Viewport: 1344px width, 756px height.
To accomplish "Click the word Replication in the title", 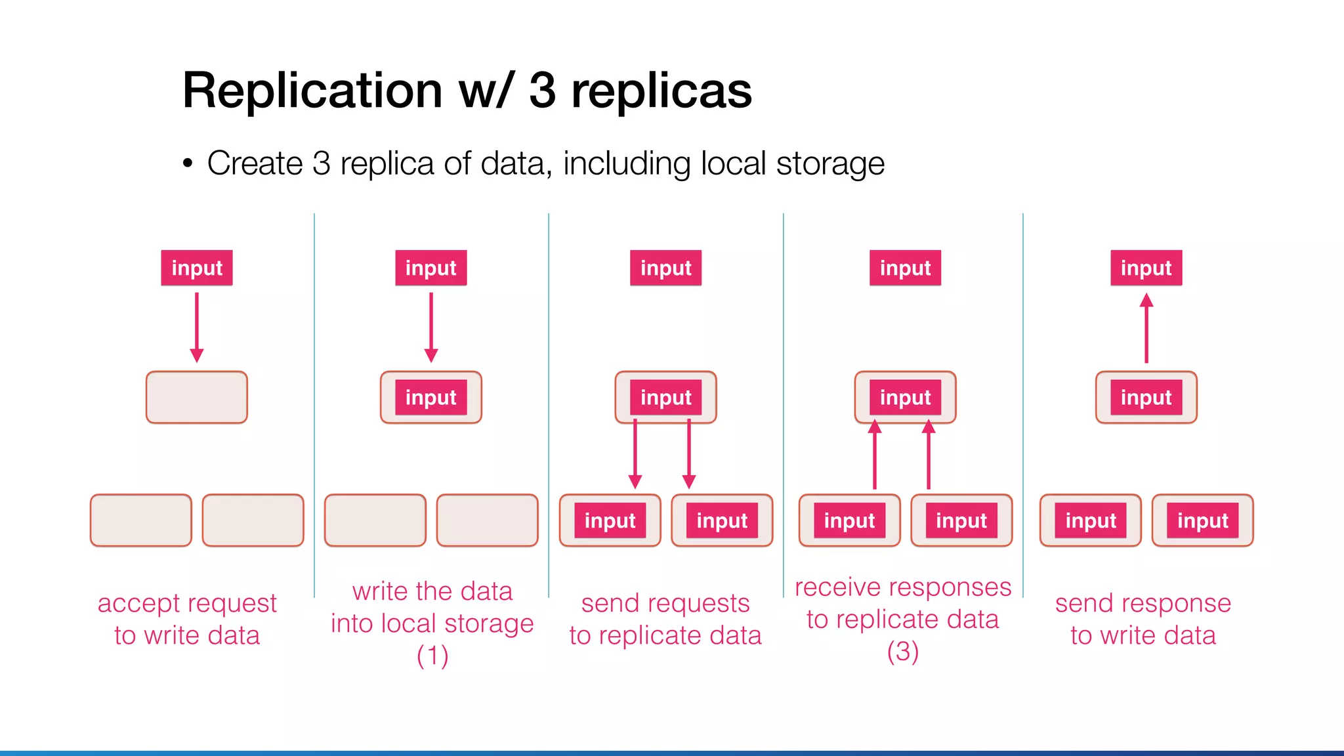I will (x=312, y=91).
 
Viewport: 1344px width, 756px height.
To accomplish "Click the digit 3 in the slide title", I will (x=542, y=91).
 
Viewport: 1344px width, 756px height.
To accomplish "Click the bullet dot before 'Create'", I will (x=188, y=163).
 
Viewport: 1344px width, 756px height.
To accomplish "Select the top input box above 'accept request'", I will (x=197, y=268).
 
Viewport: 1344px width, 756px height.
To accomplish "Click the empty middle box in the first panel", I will (x=197, y=398).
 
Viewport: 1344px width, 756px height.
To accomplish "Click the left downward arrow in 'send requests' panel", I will (x=635, y=454).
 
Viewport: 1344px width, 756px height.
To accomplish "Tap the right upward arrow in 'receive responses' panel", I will (x=929, y=454).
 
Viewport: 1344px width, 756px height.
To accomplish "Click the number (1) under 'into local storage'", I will (x=432, y=655).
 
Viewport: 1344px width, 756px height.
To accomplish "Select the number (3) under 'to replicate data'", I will (x=902, y=651).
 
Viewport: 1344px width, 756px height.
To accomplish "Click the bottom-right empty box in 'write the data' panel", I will (x=487, y=520).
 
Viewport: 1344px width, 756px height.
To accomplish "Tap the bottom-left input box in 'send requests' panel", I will (x=610, y=520).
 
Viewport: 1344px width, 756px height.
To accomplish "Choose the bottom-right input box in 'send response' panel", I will (x=1202, y=520).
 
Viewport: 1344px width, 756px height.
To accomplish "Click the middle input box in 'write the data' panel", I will (x=431, y=398).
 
